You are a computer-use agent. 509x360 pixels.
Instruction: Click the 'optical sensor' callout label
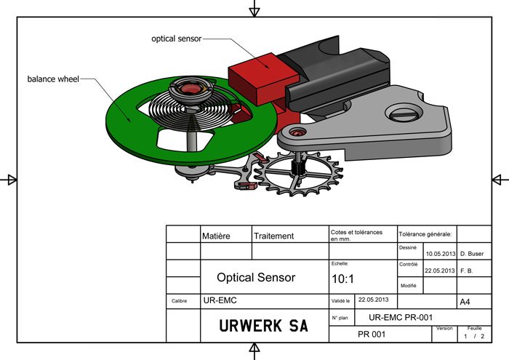pyautogui.click(x=176, y=38)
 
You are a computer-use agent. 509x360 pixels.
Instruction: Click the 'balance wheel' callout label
pyautogui.click(x=52, y=78)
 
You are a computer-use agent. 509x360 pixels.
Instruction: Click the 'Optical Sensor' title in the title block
pyautogui.click(x=256, y=277)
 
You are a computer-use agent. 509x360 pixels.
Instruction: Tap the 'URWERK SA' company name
pyautogui.click(x=263, y=326)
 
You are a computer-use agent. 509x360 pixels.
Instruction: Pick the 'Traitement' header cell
pyautogui.click(x=274, y=236)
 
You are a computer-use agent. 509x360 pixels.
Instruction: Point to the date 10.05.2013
pyautogui.click(x=440, y=254)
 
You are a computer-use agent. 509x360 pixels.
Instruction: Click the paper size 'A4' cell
pyautogui.click(x=465, y=301)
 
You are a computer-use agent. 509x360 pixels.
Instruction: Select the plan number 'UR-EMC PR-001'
pyautogui.click(x=401, y=318)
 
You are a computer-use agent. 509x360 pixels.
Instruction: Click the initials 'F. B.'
pyautogui.click(x=470, y=271)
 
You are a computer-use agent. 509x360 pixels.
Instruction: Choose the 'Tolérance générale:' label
pyautogui.click(x=426, y=235)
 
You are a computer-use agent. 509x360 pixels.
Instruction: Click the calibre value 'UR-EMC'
pyautogui.click(x=220, y=300)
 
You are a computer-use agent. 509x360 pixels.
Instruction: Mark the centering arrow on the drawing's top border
pyautogui.click(x=254, y=9)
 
